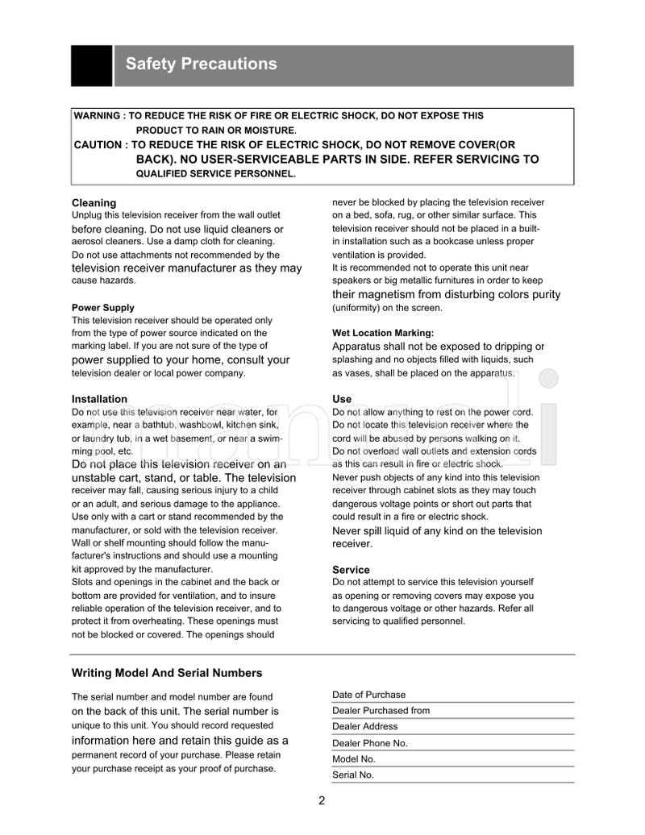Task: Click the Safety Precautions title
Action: click(x=201, y=64)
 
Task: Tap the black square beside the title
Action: click(x=91, y=65)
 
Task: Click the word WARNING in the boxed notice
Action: click(x=97, y=116)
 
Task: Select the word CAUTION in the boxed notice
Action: click(x=98, y=145)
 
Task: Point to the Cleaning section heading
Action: click(x=94, y=203)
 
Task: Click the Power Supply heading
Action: click(x=103, y=308)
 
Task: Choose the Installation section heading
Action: click(x=99, y=399)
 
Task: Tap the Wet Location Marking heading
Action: click(x=383, y=333)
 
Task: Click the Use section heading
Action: click(x=342, y=399)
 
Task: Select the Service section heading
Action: click(x=351, y=570)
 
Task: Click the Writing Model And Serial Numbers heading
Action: click(x=167, y=673)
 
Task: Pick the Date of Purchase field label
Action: click(x=369, y=695)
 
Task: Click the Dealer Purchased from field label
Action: click(x=381, y=711)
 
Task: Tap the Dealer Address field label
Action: click(x=365, y=727)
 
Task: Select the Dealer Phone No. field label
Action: click(x=370, y=743)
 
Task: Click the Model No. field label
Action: click(x=354, y=759)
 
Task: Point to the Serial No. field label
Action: click(x=353, y=775)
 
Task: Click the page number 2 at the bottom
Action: click(x=322, y=800)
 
